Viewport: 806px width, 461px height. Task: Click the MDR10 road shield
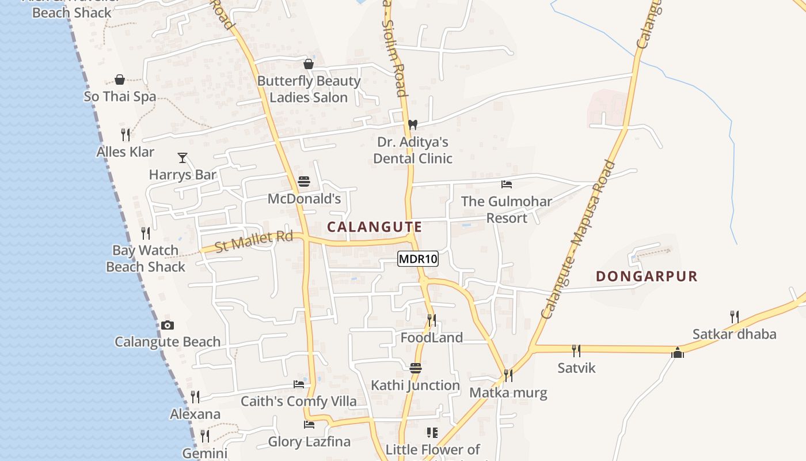coord(418,259)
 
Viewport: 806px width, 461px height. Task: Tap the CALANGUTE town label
coord(374,227)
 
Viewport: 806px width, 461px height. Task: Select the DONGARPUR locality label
coord(647,277)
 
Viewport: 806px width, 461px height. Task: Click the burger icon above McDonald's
coord(304,182)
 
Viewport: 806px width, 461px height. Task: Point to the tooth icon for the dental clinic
coord(412,124)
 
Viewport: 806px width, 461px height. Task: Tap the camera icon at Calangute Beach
coord(168,326)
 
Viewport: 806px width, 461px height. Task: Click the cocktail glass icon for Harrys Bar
coord(183,157)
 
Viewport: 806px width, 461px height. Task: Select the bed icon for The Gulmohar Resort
coord(507,184)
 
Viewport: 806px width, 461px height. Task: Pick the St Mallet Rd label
coord(254,242)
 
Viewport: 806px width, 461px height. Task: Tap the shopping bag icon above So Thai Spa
coord(120,79)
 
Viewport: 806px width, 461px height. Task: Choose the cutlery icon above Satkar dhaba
coord(734,316)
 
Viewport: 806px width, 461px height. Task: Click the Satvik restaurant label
coord(576,368)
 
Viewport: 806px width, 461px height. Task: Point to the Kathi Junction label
coord(415,385)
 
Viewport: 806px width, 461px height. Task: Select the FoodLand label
coord(431,338)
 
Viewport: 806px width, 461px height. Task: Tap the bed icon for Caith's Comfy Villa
coord(299,384)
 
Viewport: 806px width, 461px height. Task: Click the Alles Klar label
coord(126,152)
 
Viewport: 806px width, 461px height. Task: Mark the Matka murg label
coord(508,393)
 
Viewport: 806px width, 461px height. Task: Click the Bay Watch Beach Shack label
coord(146,259)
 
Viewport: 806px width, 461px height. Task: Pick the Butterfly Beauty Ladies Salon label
coord(309,89)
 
